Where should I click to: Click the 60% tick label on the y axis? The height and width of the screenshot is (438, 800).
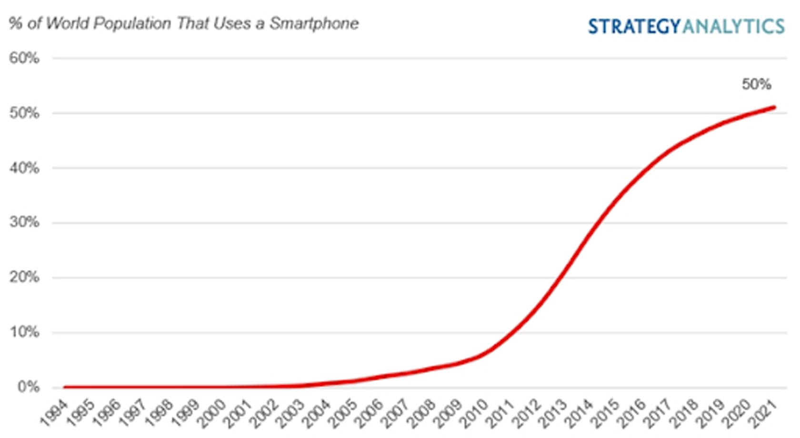[24, 59]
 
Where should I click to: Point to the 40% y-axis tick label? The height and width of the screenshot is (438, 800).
[24, 168]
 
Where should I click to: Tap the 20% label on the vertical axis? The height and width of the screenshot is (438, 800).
[24, 277]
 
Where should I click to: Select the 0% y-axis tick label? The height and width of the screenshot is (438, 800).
[28, 387]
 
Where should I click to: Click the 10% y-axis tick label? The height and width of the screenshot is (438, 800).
[24, 332]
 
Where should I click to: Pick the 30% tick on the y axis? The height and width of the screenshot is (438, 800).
[24, 222]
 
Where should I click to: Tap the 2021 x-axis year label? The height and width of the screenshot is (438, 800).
[764, 413]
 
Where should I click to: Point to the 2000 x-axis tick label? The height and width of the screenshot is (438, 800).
[212, 413]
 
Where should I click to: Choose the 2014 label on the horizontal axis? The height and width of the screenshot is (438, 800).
[580, 413]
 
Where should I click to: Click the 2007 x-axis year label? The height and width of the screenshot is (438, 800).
[396, 413]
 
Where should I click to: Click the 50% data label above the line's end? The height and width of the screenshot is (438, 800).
[756, 85]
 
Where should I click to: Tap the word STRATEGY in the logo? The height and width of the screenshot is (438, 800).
[634, 27]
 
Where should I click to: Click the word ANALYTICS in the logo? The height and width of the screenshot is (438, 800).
[733, 27]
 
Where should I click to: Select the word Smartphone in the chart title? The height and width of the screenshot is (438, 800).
[314, 23]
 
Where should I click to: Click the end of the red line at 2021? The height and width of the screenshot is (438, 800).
[774, 108]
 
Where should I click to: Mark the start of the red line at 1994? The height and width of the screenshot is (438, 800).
[65, 387]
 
